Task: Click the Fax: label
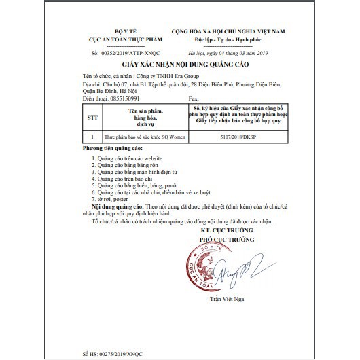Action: pos(190,98)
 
